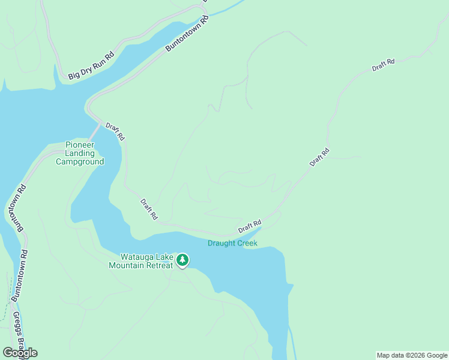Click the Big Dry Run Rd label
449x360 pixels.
(x=91, y=65)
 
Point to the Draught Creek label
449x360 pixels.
(x=232, y=243)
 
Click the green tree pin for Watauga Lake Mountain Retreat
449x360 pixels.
(x=182, y=260)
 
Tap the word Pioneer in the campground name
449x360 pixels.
(x=80, y=145)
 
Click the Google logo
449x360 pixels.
(x=20, y=353)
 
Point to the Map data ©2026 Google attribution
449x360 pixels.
(x=412, y=355)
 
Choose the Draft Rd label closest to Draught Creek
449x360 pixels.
(x=249, y=226)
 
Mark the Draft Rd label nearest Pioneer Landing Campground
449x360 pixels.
(x=115, y=131)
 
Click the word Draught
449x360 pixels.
(x=221, y=243)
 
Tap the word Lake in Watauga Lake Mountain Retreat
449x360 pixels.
(x=162, y=257)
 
